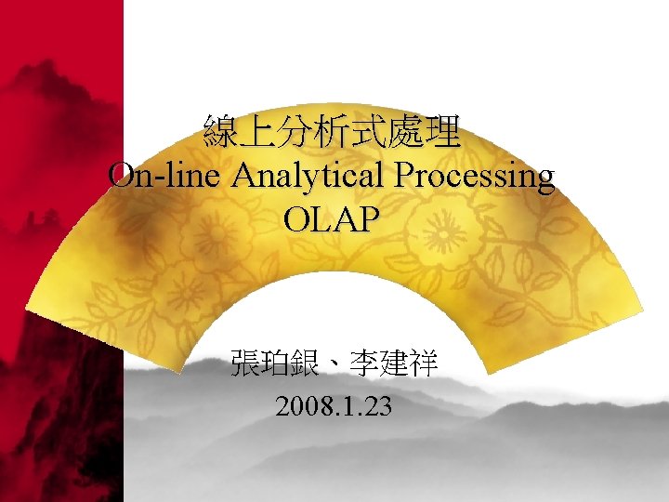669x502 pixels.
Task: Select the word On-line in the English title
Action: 162,175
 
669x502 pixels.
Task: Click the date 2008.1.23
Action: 334,406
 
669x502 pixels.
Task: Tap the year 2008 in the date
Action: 298,406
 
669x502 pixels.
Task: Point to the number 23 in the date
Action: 379,406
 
